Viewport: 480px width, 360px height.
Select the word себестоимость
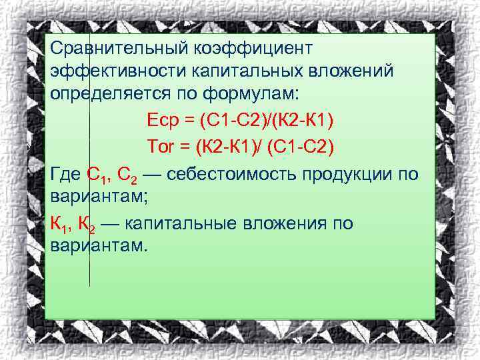click(x=233, y=175)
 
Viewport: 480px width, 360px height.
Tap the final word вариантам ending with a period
click(x=97, y=247)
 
